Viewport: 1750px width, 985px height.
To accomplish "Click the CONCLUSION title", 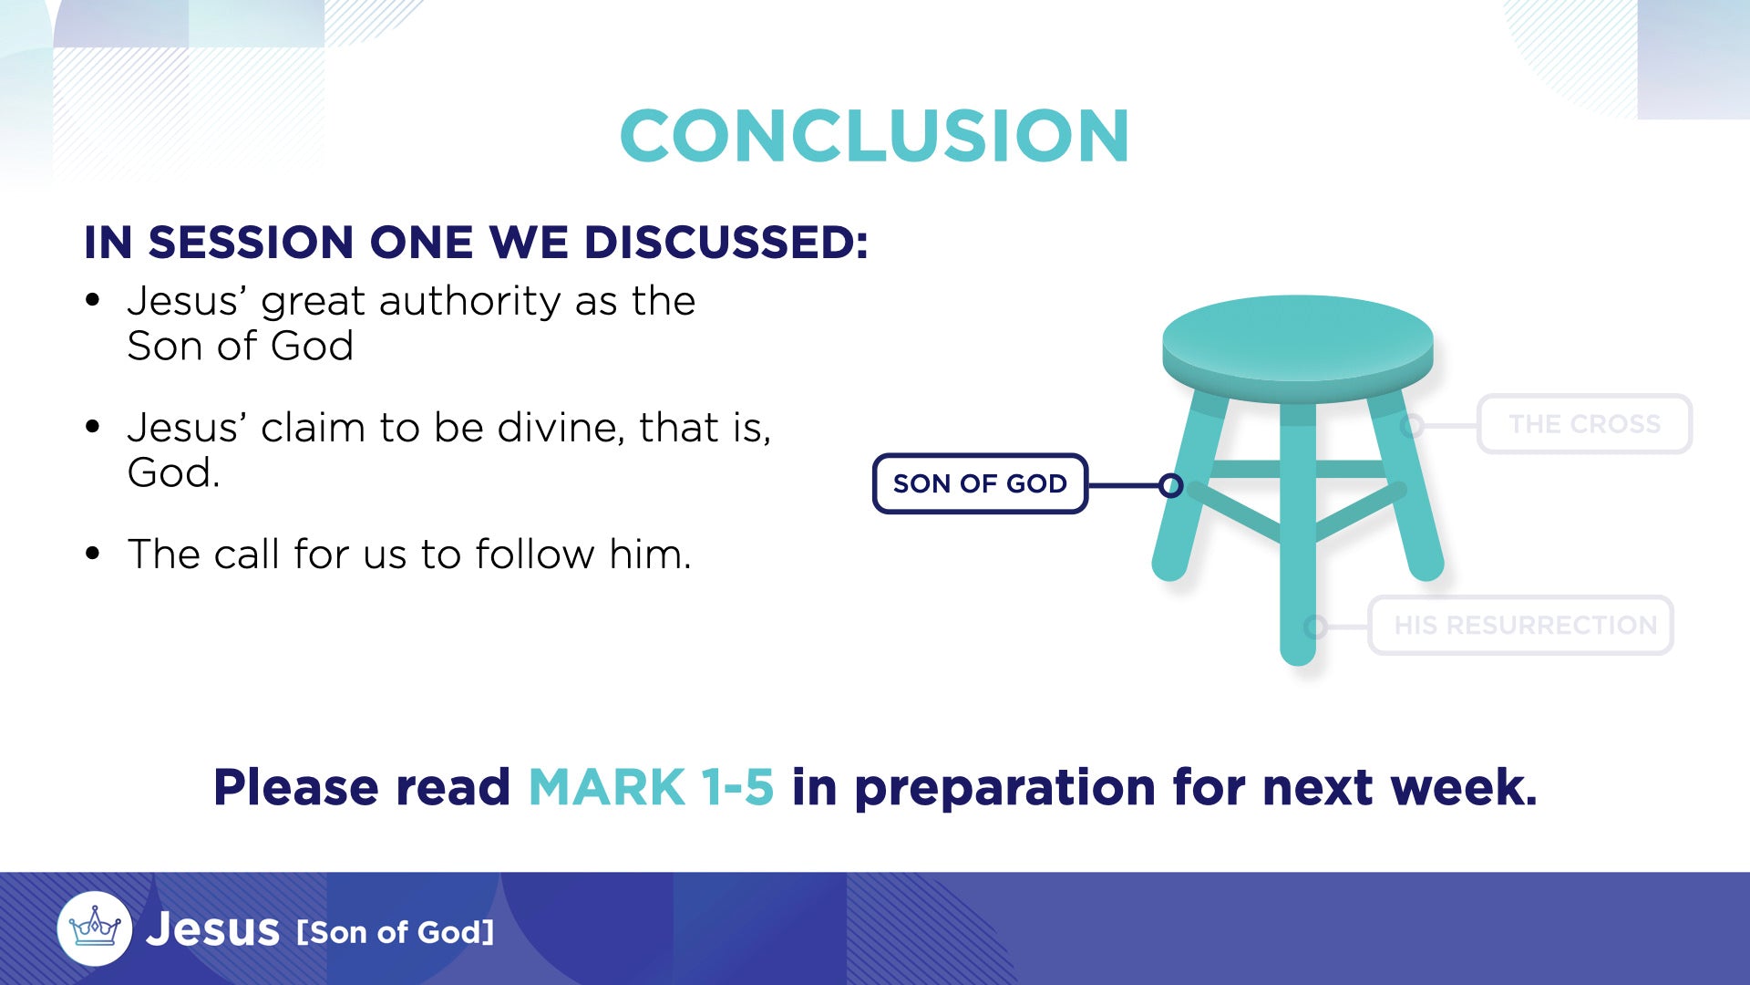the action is (875, 136).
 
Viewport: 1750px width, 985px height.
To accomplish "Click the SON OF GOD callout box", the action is (980, 483).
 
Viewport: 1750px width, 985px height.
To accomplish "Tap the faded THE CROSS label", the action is (1584, 424).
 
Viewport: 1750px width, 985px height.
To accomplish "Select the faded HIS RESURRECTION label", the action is (1520, 626).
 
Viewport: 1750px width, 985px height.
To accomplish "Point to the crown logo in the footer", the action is (95, 928).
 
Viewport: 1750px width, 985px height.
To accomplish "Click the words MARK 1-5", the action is (651, 787).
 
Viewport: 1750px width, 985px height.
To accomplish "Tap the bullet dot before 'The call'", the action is (92, 554).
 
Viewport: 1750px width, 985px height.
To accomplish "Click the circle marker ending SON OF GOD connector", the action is (1171, 485).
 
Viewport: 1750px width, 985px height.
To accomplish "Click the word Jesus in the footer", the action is (212, 929).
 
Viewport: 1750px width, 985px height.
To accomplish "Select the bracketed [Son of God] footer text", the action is (396, 932).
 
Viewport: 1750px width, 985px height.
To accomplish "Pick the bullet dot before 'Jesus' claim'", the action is (92, 427).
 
